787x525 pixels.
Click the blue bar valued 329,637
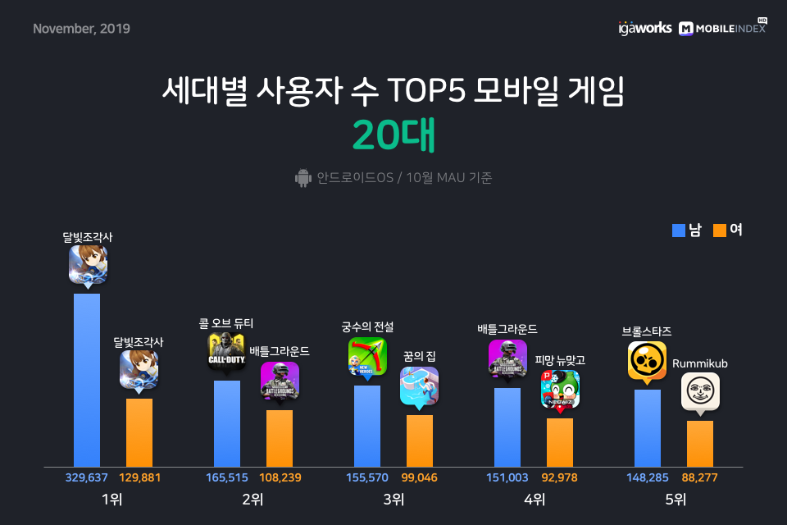tap(87, 381)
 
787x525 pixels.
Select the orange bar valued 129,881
tap(139, 433)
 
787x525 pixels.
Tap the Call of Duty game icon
tap(226, 351)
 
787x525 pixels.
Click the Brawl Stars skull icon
tap(647, 361)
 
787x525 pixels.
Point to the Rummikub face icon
tap(700, 391)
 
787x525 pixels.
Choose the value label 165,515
tap(227, 477)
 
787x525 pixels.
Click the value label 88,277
tap(699, 477)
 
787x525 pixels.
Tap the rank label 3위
tap(394, 500)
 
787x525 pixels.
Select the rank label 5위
tap(676, 500)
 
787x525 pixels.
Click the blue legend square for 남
tap(679, 230)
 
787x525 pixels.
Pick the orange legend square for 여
tap(720, 230)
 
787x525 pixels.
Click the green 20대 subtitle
tap(393, 135)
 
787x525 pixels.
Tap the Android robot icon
tap(303, 178)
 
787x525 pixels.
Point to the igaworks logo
tap(645, 28)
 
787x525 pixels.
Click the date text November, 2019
tap(81, 29)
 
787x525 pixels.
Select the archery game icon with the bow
tap(367, 357)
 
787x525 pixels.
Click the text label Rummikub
tap(699, 363)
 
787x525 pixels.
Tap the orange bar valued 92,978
tap(560, 443)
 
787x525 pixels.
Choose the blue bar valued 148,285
tap(648, 428)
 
